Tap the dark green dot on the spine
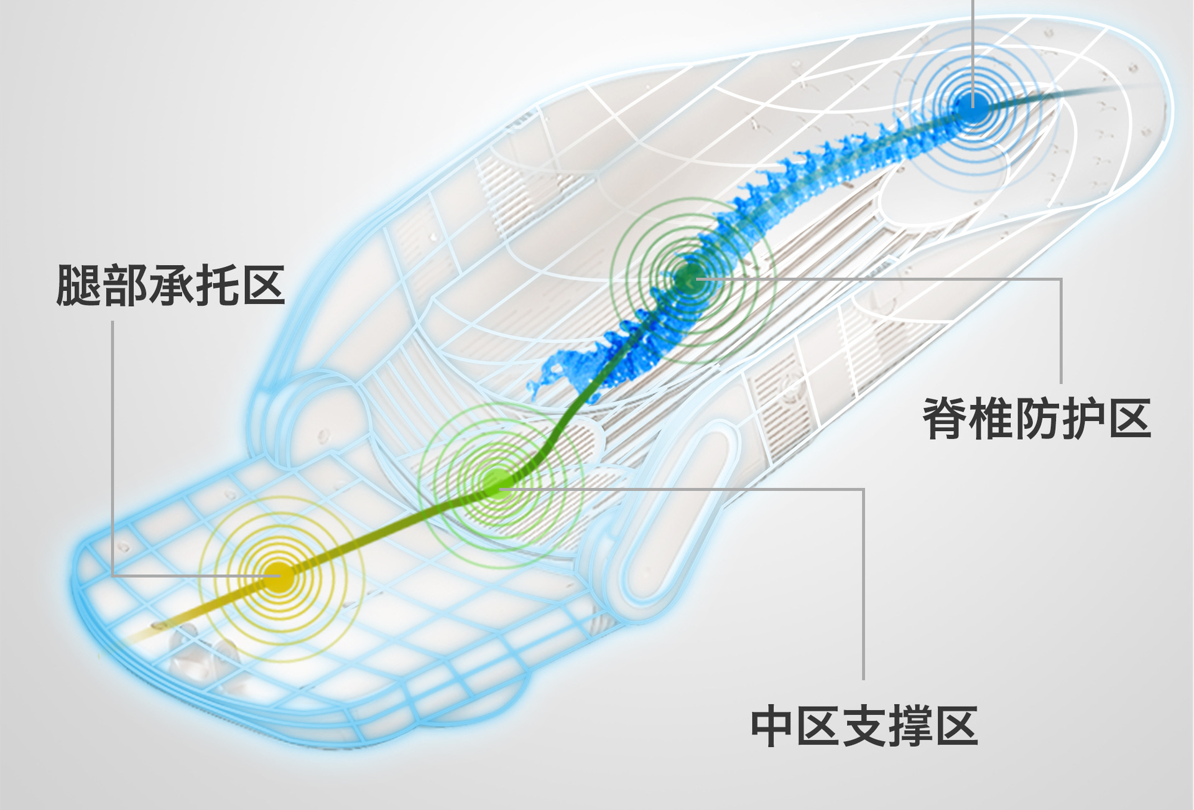pyautogui.click(x=688, y=279)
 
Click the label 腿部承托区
pyautogui.click(x=170, y=286)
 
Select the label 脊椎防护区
pyautogui.click(x=1037, y=419)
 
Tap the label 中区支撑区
pyautogui.click(x=864, y=725)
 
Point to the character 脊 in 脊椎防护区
pyautogui.click(x=945, y=419)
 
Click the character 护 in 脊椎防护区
pyautogui.click(x=1083, y=419)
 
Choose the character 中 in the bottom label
pyautogui.click(x=773, y=725)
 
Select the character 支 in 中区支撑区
pyautogui.click(x=864, y=725)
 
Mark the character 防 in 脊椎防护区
pyautogui.click(x=1037, y=419)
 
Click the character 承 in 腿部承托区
pyautogui.click(x=170, y=286)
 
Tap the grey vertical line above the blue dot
pyautogui.click(x=973, y=37)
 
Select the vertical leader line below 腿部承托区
pyautogui.click(x=113, y=435)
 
